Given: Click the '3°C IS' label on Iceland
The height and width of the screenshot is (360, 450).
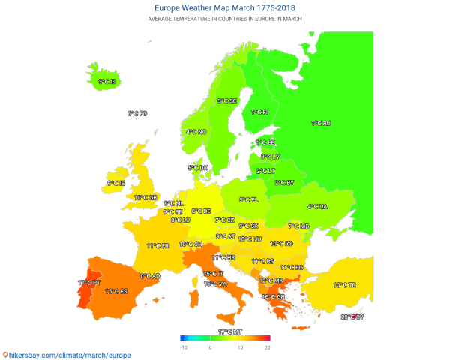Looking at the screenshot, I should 107,81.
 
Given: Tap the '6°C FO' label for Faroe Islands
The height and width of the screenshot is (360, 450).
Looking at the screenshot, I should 137,113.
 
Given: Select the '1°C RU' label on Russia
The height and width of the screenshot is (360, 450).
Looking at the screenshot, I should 321,123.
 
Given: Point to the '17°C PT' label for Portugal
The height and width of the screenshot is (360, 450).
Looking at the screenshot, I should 88,283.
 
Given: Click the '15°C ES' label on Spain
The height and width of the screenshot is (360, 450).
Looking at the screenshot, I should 116,291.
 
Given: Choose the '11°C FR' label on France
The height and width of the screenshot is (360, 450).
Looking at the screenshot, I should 157,245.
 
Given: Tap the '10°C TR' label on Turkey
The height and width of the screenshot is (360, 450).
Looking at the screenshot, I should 345,285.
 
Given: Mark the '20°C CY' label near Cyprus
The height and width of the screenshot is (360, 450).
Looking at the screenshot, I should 352,316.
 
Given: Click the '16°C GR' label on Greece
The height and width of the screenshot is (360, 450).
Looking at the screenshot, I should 273,296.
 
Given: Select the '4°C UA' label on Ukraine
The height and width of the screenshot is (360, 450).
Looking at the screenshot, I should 317,206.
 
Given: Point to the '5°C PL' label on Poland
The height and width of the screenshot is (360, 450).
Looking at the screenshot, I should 248,199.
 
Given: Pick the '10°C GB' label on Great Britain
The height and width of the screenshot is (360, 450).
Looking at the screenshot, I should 145,197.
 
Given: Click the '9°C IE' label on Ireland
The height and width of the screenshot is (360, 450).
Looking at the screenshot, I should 115,182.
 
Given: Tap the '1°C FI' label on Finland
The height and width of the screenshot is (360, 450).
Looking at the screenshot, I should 259,112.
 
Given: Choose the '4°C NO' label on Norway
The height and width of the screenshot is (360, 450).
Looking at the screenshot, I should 196,132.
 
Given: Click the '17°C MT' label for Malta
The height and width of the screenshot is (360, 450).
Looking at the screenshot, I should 230,331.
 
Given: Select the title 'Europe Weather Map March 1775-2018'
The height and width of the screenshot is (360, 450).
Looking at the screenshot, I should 224,7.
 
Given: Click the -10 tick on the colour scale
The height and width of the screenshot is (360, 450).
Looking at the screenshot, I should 183,347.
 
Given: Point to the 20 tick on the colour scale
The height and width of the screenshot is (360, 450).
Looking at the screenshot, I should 267,347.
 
